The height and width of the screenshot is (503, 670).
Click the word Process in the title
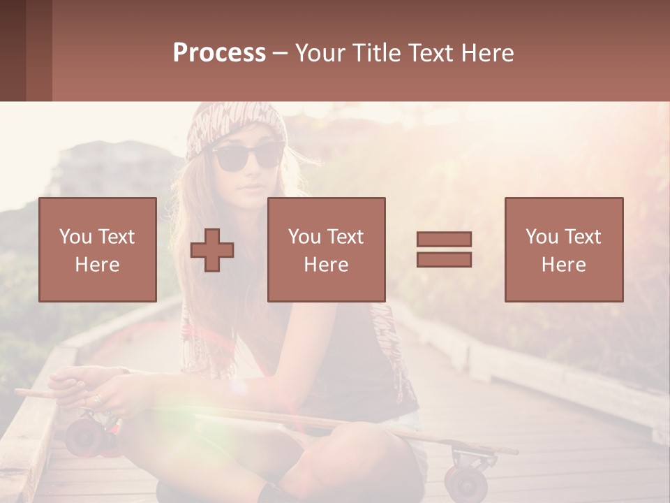click(x=219, y=53)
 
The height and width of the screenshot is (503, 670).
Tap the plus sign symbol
click(x=212, y=250)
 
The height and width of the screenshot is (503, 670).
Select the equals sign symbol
click(x=444, y=249)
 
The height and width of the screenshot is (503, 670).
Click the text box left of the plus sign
click(x=98, y=249)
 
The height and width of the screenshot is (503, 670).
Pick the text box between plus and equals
click(x=326, y=249)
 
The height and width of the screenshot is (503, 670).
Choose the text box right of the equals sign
click(x=563, y=249)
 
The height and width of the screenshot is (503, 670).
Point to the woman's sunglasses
click(x=248, y=156)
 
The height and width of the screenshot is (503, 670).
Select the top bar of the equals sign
click(x=444, y=239)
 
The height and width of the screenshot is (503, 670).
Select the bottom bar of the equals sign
click(x=444, y=259)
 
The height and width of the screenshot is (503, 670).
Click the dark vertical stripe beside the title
click(x=39, y=50)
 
